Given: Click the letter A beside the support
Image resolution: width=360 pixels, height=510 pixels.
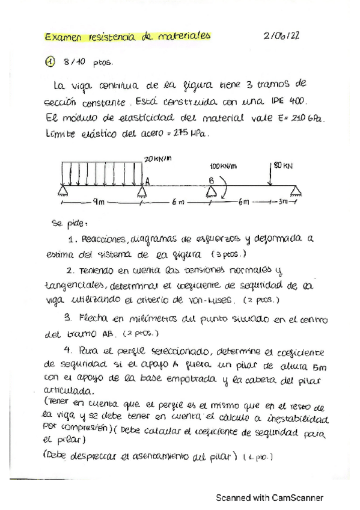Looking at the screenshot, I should (x=147, y=179).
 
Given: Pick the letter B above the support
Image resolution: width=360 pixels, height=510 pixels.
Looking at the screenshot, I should (x=211, y=179).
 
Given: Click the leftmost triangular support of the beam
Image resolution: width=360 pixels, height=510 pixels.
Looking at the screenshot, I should (x=62, y=191).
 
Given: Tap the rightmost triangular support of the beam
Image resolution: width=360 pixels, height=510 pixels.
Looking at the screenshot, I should (x=294, y=191).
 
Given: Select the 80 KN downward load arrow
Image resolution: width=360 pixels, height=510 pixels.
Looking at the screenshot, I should (x=271, y=174).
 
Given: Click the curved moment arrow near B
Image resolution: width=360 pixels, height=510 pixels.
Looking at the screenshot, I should (x=223, y=183).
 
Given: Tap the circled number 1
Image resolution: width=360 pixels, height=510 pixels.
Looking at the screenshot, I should (x=50, y=62).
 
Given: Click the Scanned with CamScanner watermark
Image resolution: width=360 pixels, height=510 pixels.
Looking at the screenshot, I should (x=270, y=498).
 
